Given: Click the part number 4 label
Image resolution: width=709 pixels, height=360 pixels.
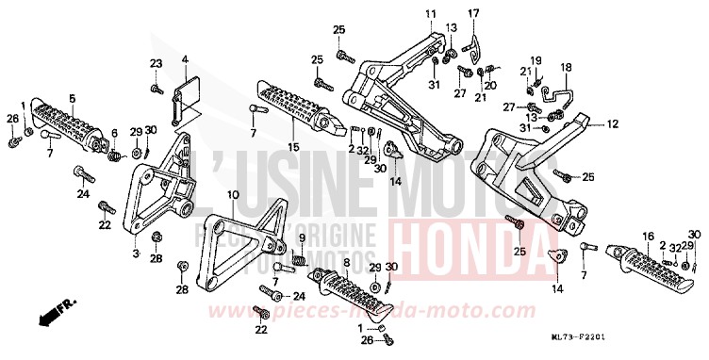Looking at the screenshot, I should [x=186, y=59].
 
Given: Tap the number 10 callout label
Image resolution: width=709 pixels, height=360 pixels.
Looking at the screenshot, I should [x=232, y=195].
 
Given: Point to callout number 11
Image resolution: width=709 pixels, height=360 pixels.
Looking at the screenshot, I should [x=429, y=12].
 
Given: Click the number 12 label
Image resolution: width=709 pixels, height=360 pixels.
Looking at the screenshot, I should [x=611, y=123].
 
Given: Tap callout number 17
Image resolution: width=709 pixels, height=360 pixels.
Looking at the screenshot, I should [x=473, y=12].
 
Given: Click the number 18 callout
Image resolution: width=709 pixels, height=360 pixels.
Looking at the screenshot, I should [x=567, y=68].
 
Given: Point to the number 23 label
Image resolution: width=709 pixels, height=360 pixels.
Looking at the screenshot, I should [x=156, y=63].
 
